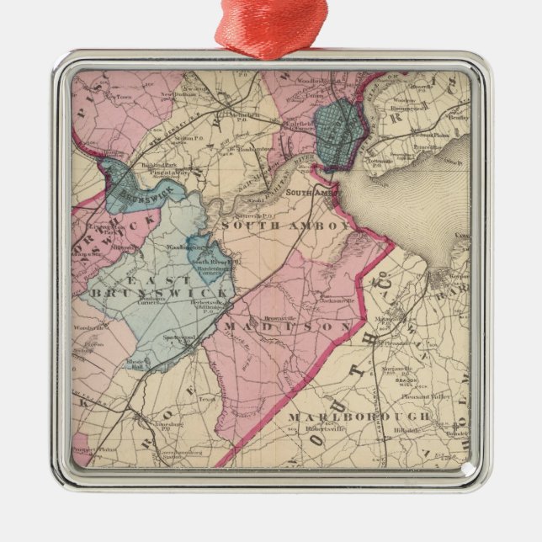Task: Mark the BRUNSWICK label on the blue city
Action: [125, 194]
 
